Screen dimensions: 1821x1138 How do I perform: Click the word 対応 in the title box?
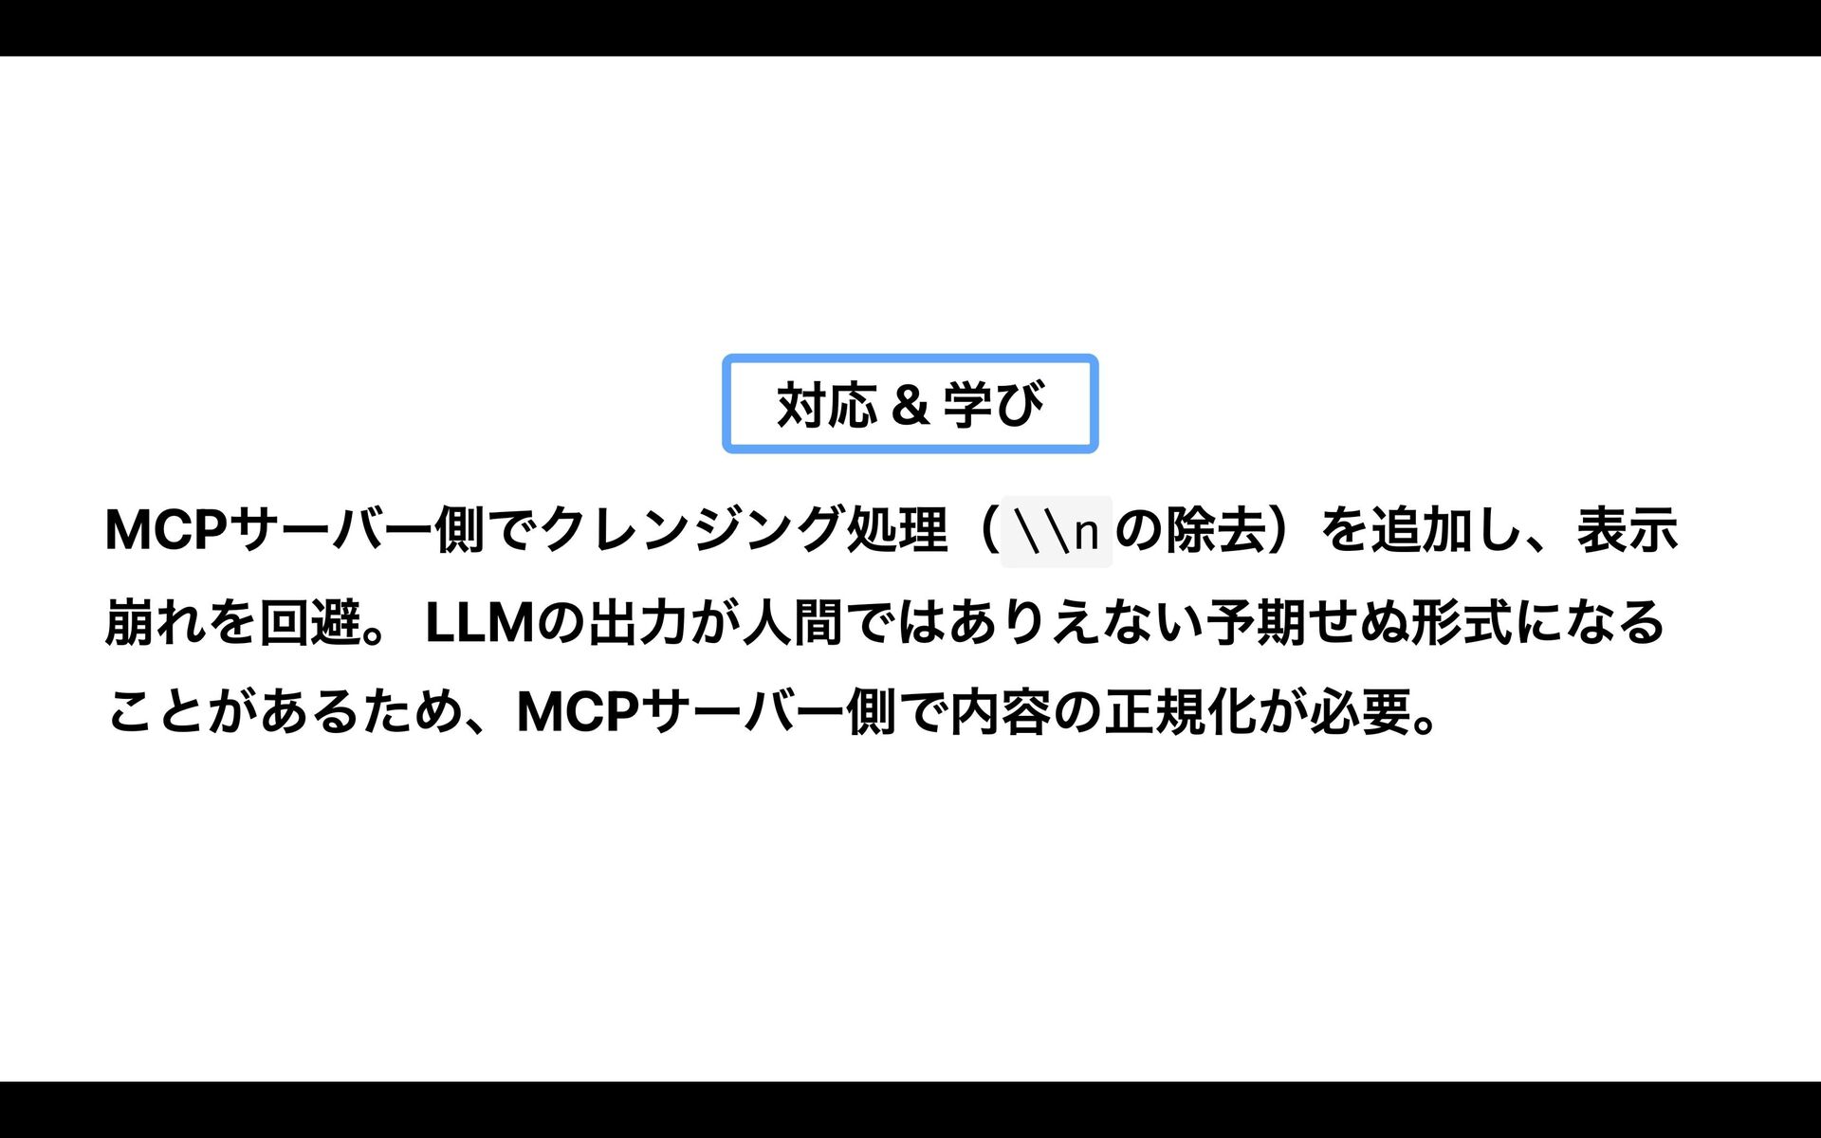826,405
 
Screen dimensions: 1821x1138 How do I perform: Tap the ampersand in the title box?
909,405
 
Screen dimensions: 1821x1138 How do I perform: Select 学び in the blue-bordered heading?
993,405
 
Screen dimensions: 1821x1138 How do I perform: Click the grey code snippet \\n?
1056,531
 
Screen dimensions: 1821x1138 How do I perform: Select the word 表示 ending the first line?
1628,529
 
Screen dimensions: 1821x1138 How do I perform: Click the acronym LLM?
480,622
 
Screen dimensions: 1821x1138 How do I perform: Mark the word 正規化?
1180,712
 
